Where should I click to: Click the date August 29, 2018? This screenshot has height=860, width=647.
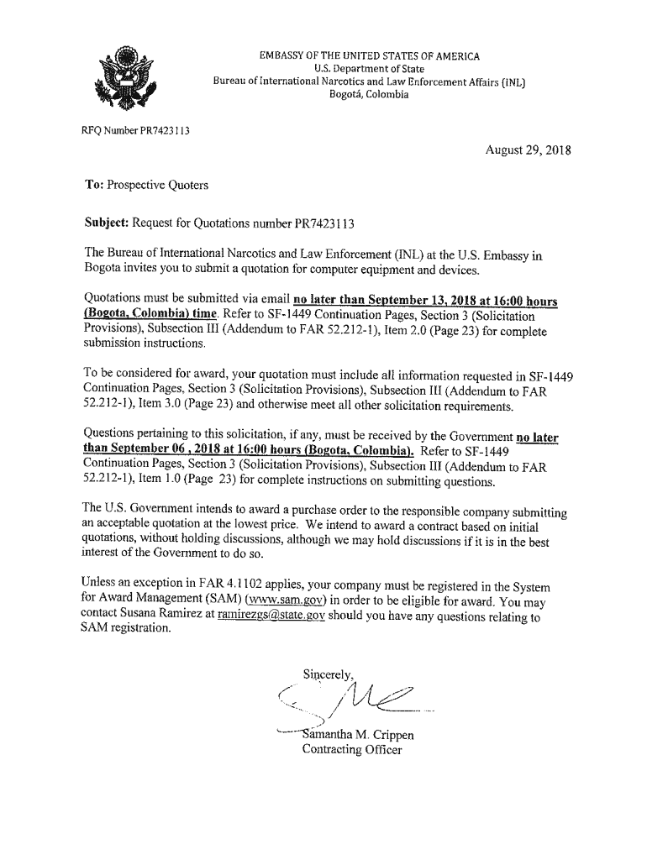(528, 151)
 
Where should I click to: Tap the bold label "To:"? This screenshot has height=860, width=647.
(96, 185)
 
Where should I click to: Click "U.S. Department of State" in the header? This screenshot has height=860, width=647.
(369, 69)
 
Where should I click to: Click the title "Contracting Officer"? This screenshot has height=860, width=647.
(352, 749)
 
